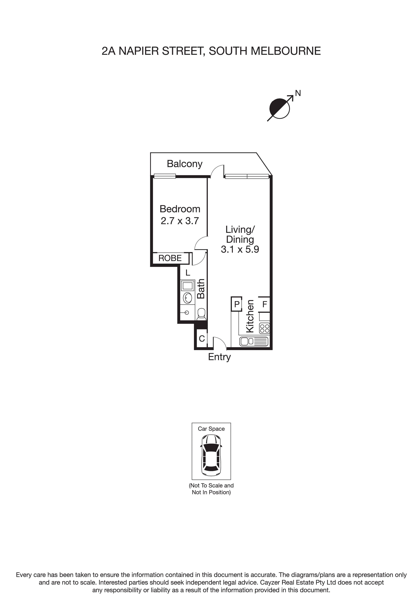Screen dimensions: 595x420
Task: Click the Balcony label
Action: click(x=184, y=164)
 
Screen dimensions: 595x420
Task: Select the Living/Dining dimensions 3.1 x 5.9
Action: click(x=240, y=249)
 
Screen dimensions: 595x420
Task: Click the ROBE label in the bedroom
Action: click(x=170, y=258)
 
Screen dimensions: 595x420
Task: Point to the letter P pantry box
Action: click(x=237, y=304)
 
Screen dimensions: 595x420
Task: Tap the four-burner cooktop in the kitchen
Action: click(x=265, y=329)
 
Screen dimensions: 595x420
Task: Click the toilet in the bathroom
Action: click(x=201, y=314)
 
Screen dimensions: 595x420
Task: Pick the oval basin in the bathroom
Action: click(x=187, y=298)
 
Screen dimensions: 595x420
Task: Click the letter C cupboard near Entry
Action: click(x=202, y=338)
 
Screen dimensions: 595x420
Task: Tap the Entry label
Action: click(x=219, y=357)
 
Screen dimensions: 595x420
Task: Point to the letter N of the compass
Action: click(x=298, y=93)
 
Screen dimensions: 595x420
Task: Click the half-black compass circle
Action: click(x=279, y=108)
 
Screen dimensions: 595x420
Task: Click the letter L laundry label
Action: click(x=188, y=273)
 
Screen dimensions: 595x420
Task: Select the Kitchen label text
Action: click(x=250, y=316)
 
